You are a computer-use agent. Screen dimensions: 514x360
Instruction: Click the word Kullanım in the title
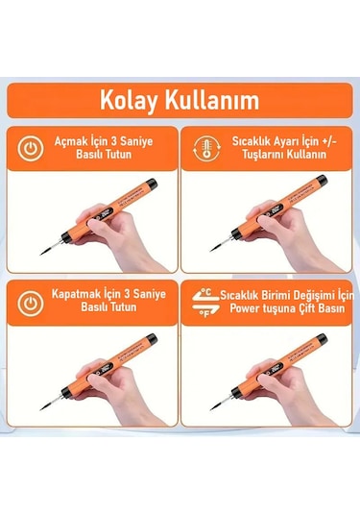pyautogui.click(x=210, y=101)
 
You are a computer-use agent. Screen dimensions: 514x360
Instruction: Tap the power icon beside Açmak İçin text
pyautogui.click(x=33, y=149)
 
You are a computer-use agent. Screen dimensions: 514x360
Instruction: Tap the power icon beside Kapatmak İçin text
pyautogui.click(x=33, y=301)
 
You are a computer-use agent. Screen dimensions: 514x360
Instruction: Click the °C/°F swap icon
pyautogui.click(x=202, y=301)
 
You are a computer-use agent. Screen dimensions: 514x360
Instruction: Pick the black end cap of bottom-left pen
pyautogui.click(x=150, y=338)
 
